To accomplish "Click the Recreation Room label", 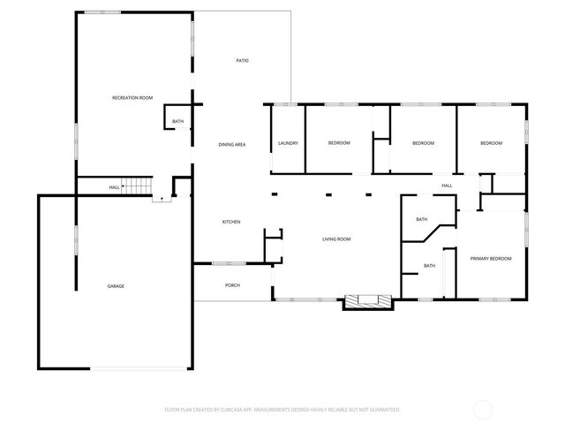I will [132, 97].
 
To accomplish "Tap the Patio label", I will [242, 61].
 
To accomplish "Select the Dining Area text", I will [232, 143].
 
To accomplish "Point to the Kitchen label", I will [231, 222].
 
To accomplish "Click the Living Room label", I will [336, 239].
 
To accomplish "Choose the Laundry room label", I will [288, 143].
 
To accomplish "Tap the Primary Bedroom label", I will [491, 258].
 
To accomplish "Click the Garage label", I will [116, 286].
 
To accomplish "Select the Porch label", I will [233, 285].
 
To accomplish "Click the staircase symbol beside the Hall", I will [138, 186].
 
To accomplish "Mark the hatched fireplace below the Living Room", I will [365, 301].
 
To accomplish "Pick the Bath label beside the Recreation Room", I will [178, 122].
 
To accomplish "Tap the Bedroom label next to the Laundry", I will [339, 143].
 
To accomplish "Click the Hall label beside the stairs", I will [115, 187].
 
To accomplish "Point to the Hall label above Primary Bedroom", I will [447, 185].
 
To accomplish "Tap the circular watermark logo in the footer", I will [484, 410].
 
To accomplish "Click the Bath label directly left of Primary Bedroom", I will [429, 266].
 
